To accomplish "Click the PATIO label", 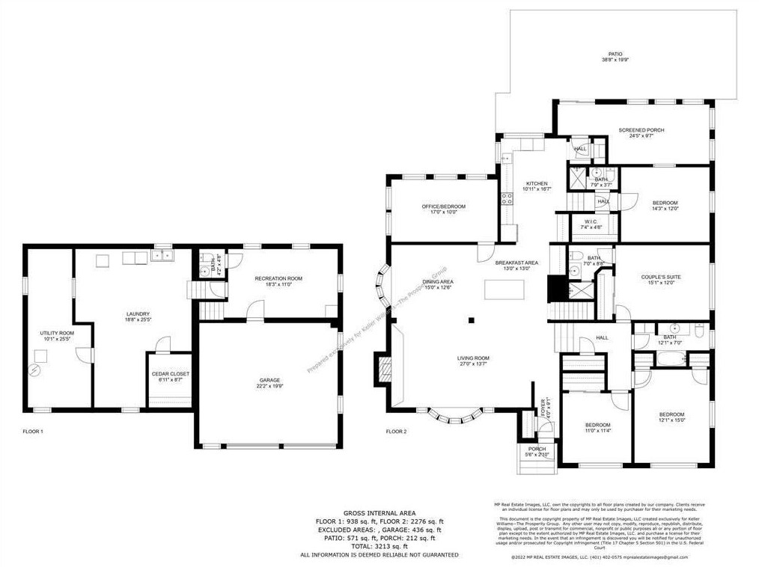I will (615, 55).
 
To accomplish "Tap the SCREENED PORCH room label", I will (641, 130).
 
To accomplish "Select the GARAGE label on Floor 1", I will (271, 381).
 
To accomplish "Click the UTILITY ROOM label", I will (57, 333).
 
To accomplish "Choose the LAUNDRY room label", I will (138, 314).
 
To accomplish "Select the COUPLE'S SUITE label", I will (661, 277).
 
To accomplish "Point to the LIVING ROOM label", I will (473, 358).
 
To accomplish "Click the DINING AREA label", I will (439, 282).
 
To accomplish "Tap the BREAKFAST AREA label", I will (516, 263).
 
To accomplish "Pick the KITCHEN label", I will (536, 184).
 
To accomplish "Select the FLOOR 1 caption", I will (33, 432).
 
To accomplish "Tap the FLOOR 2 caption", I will (397, 432).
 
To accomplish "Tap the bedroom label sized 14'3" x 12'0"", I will (665, 203).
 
